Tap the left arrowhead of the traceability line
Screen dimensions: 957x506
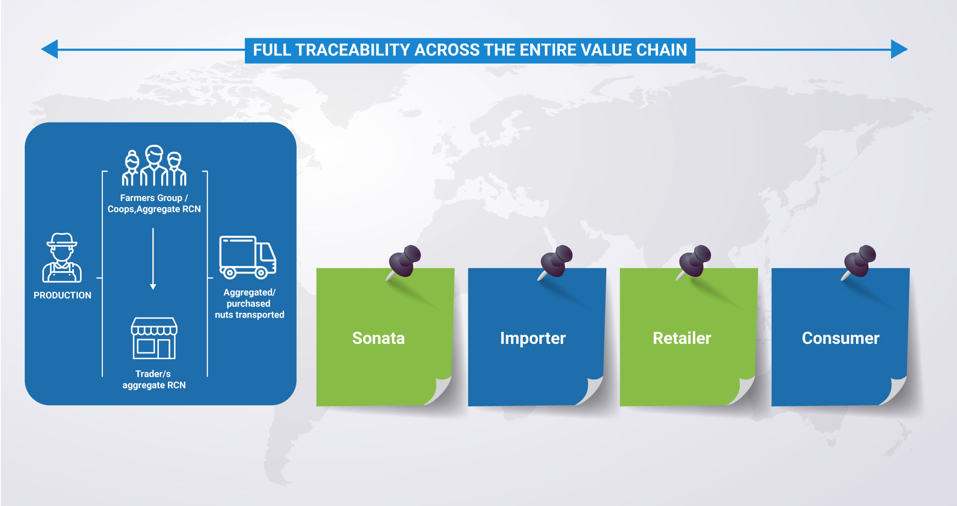click(49, 49)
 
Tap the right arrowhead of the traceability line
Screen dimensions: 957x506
click(899, 49)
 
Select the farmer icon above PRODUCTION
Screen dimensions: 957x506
click(62, 258)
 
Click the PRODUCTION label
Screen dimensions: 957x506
click(62, 296)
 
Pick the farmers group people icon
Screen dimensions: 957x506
click(154, 165)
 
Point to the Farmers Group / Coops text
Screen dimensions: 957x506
click(154, 203)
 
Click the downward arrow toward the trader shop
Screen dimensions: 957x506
click(153, 259)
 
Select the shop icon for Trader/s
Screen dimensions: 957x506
click(154, 338)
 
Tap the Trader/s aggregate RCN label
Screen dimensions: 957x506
click(154, 380)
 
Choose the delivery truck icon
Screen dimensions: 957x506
click(247, 257)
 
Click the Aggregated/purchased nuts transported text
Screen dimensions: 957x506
click(249, 304)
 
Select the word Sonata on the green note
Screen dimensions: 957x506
click(378, 338)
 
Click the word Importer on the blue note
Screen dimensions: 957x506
click(533, 339)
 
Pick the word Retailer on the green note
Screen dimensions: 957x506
click(682, 338)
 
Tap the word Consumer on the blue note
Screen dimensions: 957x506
click(841, 338)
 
